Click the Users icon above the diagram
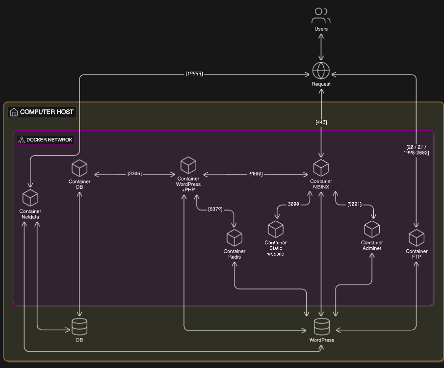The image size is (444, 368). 321,16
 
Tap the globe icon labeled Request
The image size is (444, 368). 321,71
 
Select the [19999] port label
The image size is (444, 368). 194,74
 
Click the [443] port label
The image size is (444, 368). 321,122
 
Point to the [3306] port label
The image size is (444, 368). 135,174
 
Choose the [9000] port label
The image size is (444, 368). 256,174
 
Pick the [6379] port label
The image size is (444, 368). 215,209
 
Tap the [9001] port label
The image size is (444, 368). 354,204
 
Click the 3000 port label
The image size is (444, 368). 293,204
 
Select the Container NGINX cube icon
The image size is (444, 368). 321,168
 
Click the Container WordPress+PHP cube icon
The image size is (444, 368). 188,165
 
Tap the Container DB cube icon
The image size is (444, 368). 79,168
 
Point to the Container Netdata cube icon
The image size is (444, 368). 30,198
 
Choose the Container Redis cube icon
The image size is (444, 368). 235,238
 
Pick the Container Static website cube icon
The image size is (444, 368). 276,229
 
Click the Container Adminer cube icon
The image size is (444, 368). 372,229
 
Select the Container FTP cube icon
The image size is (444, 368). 417,238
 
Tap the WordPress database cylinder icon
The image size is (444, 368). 322,326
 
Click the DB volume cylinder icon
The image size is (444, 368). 79,326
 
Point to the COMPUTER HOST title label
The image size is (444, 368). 47,112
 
